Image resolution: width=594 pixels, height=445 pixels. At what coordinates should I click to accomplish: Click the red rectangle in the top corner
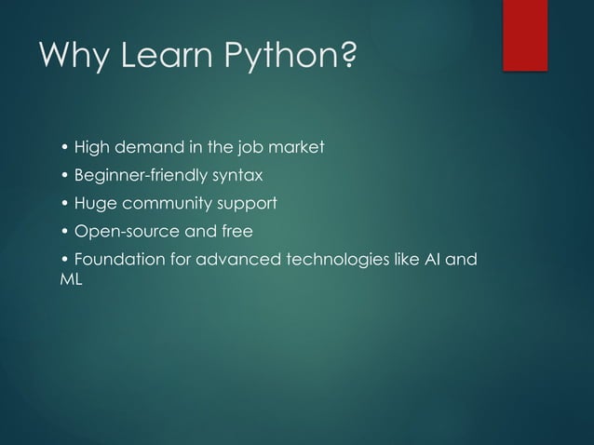[x=524, y=34]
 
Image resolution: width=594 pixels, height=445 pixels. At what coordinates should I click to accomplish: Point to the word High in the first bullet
[x=90, y=147]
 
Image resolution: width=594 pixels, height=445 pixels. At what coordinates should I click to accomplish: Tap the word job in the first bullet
[x=245, y=147]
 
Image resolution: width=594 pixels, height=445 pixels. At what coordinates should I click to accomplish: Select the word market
[x=292, y=147]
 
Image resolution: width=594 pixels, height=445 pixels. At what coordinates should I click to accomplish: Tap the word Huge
[x=92, y=203]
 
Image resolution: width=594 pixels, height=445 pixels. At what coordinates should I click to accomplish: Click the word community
[x=167, y=204]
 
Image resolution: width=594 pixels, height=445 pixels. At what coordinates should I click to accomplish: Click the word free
[x=237, y=231]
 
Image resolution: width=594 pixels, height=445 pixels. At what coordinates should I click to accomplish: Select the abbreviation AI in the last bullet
[x=432, y=259]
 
